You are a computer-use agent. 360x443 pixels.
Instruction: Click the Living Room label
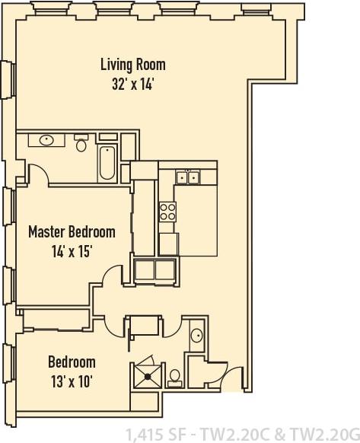133,65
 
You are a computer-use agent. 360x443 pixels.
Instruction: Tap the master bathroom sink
45,140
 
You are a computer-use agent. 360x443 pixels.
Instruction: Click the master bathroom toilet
81,143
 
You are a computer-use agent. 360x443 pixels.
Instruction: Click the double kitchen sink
186,177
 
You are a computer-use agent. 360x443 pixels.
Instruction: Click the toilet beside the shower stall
174,375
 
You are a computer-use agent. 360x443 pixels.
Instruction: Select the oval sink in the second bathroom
196,334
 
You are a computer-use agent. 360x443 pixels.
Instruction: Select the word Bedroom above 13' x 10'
72,362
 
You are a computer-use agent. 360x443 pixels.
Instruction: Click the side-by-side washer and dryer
155,270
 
